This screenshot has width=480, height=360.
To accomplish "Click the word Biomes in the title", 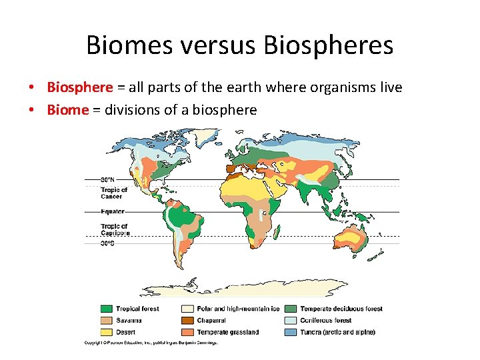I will pos(127,45).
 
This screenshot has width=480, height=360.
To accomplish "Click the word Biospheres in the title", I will pos(329,45).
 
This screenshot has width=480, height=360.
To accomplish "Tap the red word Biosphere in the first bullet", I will pos(80,87).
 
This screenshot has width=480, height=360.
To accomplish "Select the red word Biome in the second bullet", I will pos(67,109).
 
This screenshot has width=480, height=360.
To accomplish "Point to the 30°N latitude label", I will pos(108,179).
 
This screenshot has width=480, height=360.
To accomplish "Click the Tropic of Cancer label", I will pos(114,193).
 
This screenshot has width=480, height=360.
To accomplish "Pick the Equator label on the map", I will pos(112,212).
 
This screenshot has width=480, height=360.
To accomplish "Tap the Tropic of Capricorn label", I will pos(115,230).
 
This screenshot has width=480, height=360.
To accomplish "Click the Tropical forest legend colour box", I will pos(106,309).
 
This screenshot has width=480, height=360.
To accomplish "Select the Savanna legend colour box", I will pos(106,321).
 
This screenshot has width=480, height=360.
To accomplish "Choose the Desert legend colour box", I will pos(106,332).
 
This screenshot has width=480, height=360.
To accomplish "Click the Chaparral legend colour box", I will pos(188,321).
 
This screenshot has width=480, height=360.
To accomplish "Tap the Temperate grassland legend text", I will pos(228,332).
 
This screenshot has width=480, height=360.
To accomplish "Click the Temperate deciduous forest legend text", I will pos(341,309).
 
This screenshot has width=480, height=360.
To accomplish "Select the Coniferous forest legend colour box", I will pos(290,321).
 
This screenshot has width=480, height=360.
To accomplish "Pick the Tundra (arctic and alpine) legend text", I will pos(337,332).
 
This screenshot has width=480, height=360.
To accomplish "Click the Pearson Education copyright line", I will pos(151,343).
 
